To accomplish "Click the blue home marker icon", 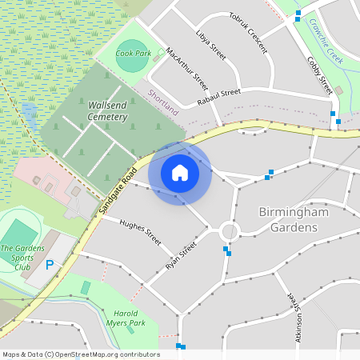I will click(x=180, y=173).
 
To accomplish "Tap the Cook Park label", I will click(x=133, y=54).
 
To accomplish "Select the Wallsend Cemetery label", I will click(x=108, y=111).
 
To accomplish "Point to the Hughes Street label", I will click(x=141, y=231).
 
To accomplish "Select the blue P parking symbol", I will click(x=50, y=265).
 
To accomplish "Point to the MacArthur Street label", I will click(x=187, y=69).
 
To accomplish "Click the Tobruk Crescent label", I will click(x=248, y=33).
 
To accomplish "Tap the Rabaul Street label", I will click(x=218, y=97).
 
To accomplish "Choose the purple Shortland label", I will click(x=162, y=102).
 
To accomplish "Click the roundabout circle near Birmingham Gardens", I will click(x=230, y=232).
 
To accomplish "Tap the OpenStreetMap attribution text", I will click(x=81, y=354).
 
